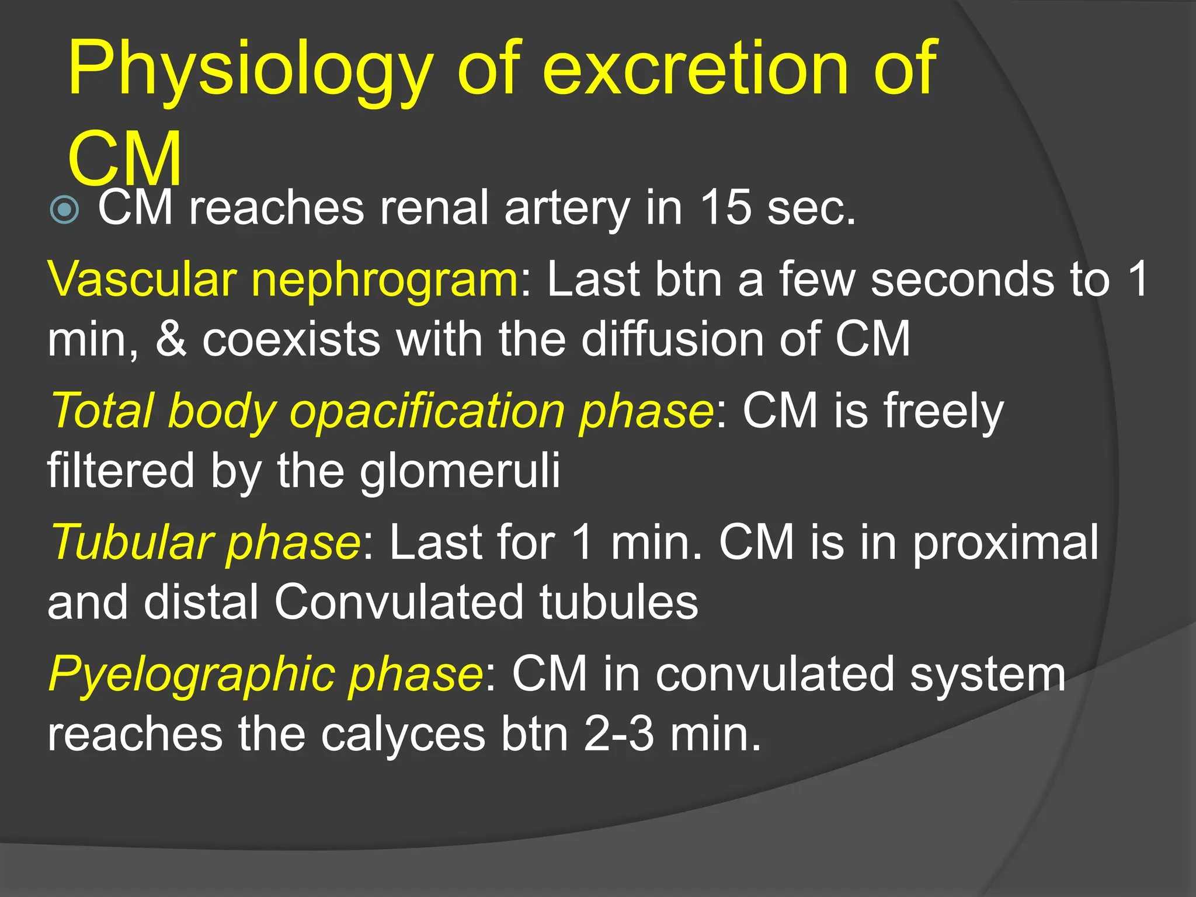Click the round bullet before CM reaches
(64, 210)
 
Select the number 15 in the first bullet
(725, 208)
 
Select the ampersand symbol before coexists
(172, 339)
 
